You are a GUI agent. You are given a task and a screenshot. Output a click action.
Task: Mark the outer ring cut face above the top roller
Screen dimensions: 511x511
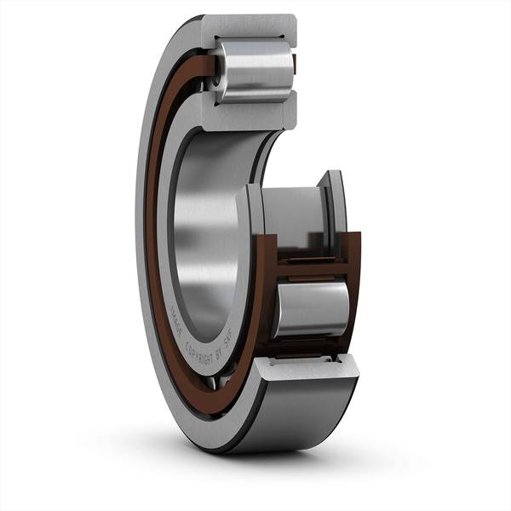(x=252, y=26)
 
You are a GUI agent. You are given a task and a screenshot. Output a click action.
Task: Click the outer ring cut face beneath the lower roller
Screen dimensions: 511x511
(x=307, y=366)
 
